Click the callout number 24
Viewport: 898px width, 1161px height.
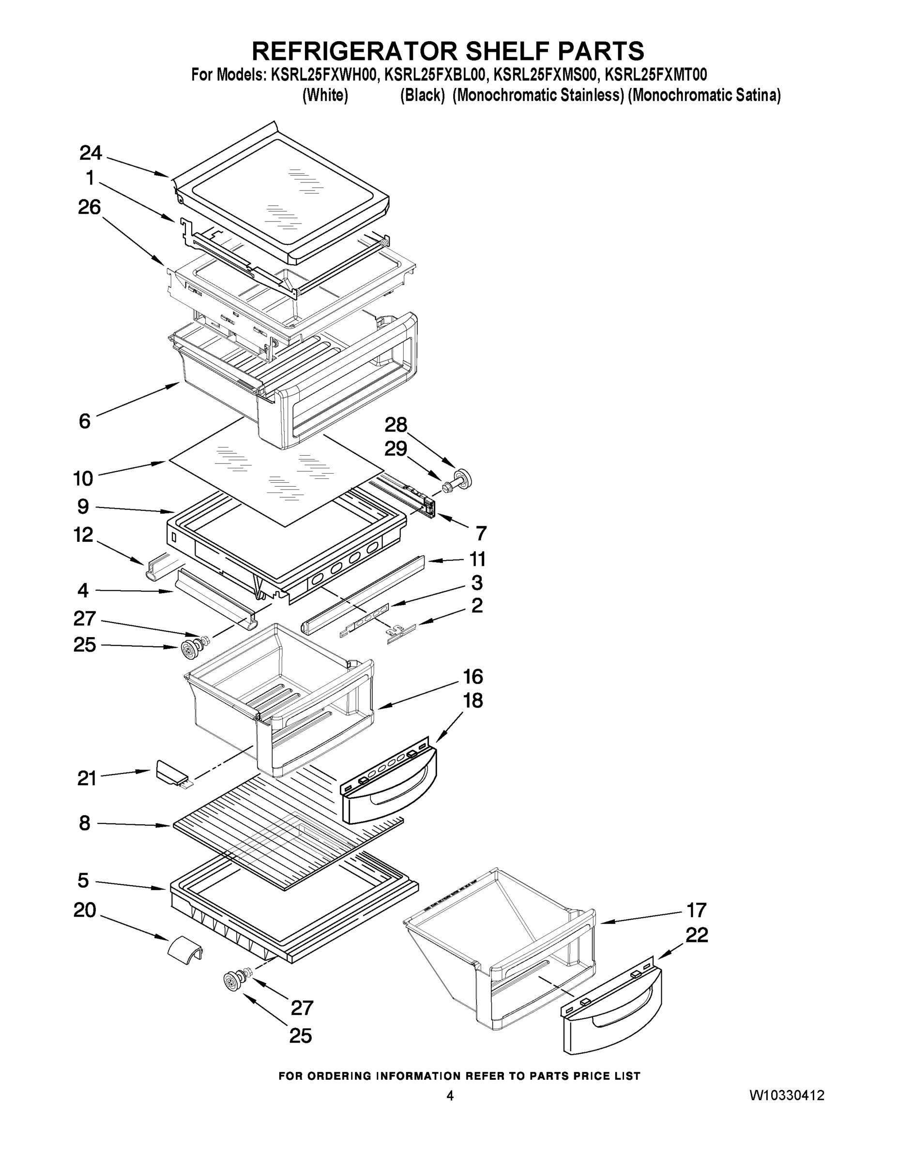click(x=91, y=153)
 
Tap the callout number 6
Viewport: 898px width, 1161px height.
click(x=85, y=421)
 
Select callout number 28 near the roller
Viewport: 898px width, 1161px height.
click(x=396, y=425)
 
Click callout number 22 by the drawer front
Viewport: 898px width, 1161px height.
click(x=697, y=935)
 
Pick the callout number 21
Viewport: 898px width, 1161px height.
click(x=87, y=778)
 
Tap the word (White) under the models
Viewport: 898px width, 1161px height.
click(x=325, y=96)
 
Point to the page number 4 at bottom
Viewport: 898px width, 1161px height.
click(x=450, y=1095)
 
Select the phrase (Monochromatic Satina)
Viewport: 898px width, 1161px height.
click(x=704, y=96)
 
